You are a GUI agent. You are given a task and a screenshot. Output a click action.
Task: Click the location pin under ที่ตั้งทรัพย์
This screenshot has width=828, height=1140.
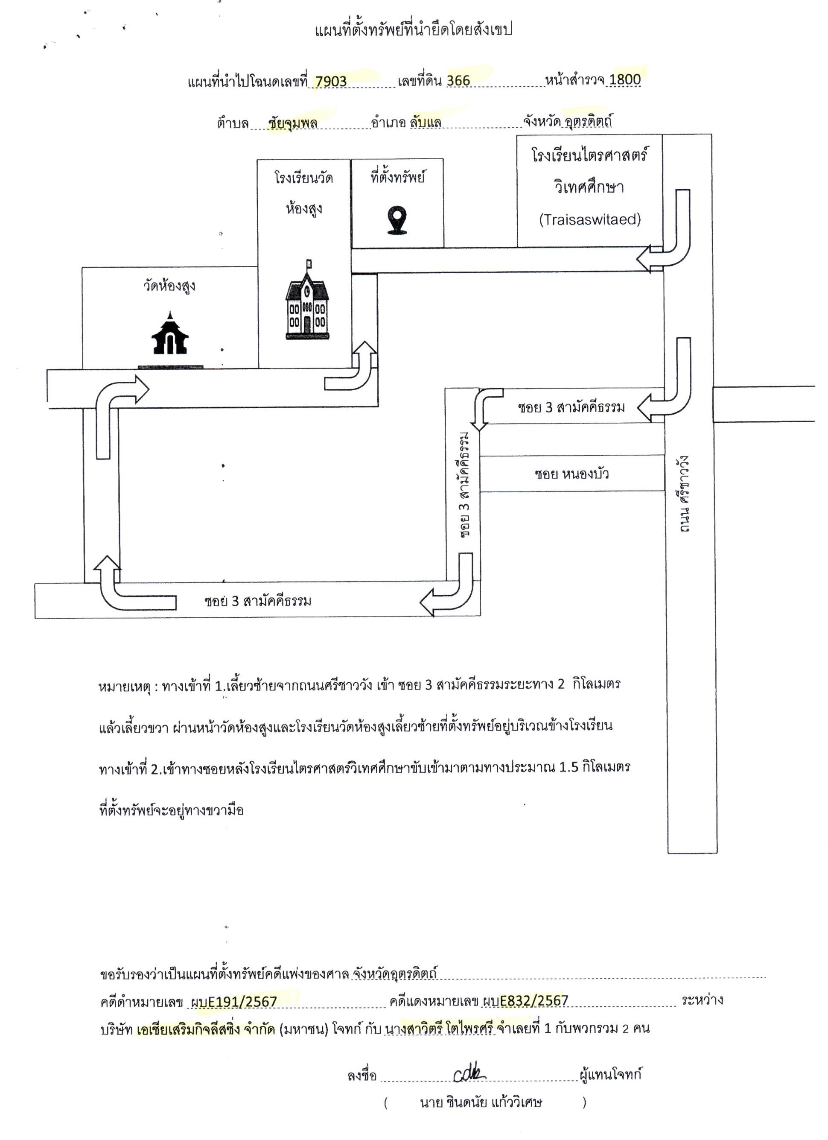click(x=397, y=221)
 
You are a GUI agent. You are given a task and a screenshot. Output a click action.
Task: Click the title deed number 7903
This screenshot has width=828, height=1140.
click(x=331, y=82)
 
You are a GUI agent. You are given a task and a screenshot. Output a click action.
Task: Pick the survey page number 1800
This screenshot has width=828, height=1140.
click(x=624, y=79)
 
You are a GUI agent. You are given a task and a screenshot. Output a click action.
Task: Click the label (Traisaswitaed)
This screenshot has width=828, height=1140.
click(x=590, y=219)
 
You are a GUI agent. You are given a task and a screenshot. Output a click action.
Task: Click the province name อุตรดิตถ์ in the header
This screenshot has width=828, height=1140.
click(x=588, y=122)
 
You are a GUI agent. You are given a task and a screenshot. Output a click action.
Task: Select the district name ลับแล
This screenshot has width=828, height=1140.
click(x=426, y=123)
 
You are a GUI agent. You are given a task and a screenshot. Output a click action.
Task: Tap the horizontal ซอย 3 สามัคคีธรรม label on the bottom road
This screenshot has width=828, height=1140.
click(x=258, y=601)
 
